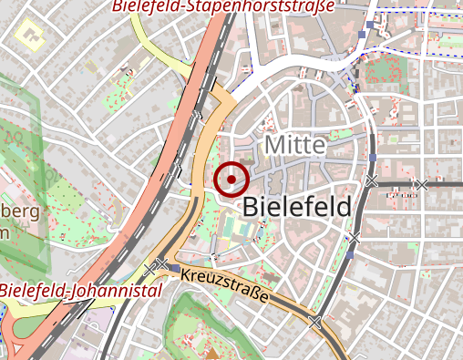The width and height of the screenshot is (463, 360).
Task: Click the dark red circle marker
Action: click(x=233, y=179)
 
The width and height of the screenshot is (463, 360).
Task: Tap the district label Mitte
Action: click(x=294, y=146)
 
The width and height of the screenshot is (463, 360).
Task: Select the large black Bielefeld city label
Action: click(x=297, y=207)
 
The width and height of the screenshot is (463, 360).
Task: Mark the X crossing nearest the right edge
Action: click(x=420, y=185)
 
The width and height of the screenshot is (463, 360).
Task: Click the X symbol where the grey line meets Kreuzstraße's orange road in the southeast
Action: click(x=315, y=323)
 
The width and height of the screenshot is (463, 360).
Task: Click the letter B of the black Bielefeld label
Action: click(x=252, y=208)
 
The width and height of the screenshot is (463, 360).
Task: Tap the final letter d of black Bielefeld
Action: click(x=343, y=207)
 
